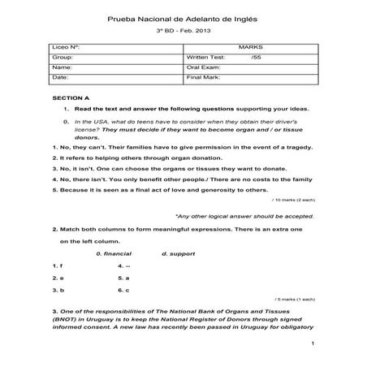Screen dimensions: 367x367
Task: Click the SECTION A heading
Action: point(70,97)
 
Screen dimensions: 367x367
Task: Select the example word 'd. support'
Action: point(179,253)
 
